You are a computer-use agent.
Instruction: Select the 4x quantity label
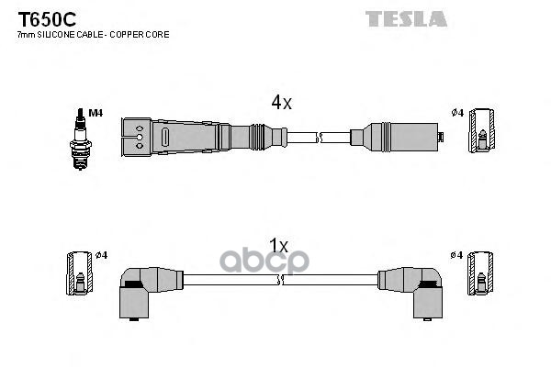279,104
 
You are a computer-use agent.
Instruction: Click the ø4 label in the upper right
457,113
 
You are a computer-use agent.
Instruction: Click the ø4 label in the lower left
101,254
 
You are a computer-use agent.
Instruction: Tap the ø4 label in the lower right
457,254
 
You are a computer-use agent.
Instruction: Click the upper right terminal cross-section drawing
479,131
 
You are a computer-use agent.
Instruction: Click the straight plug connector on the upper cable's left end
184,138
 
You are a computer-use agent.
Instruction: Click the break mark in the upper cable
320,138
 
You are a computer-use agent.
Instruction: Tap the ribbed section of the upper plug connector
261,138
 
